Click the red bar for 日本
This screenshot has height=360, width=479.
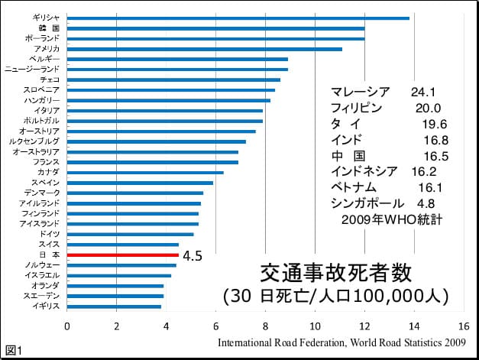122,255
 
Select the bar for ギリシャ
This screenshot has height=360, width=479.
238,18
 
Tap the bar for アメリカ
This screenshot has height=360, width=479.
204,49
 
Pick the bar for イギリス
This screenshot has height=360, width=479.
114,306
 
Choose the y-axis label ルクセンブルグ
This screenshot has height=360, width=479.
34,141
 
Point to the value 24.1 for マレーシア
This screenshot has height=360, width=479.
422,91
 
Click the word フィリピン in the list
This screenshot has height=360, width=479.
356,107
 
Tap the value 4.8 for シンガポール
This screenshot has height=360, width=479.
426,203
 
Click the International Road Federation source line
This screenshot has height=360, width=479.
341,342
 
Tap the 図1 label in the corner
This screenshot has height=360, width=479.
14,351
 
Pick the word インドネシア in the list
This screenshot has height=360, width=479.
362,171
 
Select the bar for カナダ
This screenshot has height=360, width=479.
145,172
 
